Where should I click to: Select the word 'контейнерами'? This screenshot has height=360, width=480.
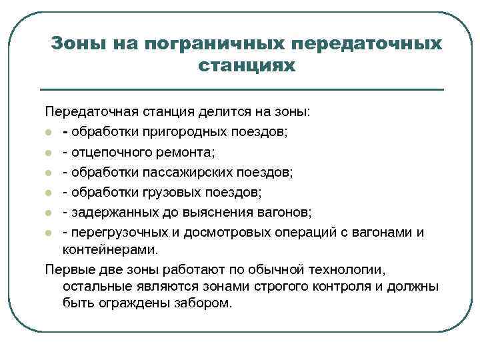point(110,251)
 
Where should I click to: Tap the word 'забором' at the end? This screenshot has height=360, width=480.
point(200,303)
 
